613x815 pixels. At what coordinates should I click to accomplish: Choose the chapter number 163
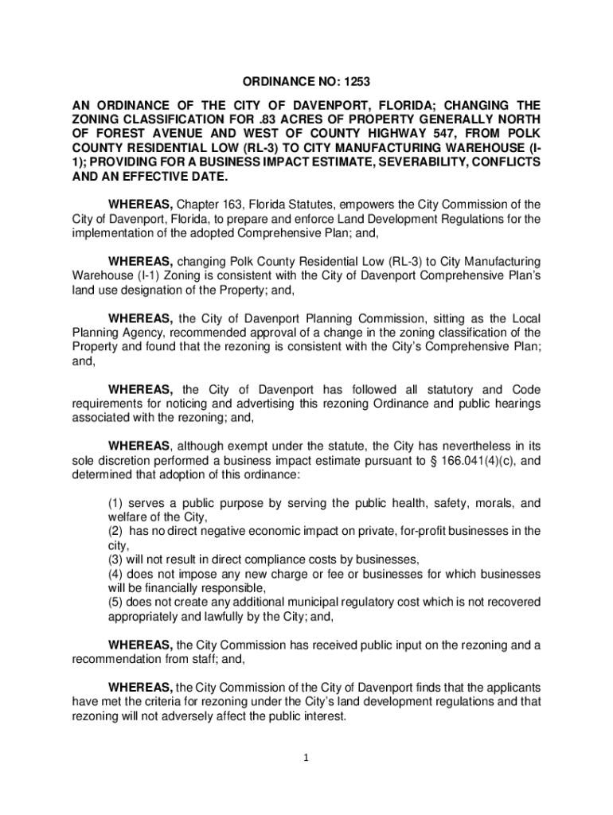pyautogui.click(x=238, y=205)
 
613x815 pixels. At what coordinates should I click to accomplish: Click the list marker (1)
pyautogui.click(x=115, y=503)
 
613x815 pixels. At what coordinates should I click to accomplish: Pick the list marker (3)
pyautogui.click(x=115, y=560)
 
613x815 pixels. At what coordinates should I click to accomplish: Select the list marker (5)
pyautogui.click(x=115, y=602)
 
